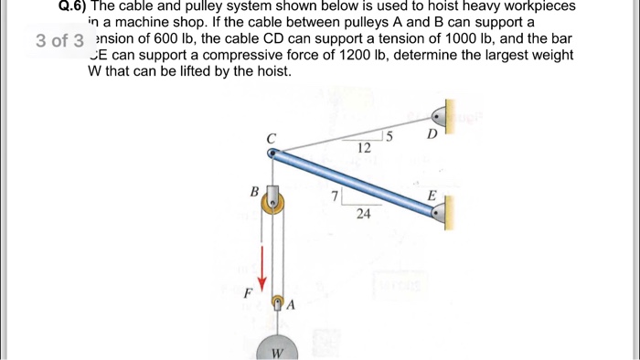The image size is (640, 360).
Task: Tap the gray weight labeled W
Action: pyautogui.click(x=275, y=348)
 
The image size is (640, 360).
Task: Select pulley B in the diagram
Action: pyautogui.click(x=272, y=202)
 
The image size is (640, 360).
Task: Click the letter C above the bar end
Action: pyautogui.click(x=271, y=137)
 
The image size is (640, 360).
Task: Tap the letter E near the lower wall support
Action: pyautogui.click(x=432, y=195)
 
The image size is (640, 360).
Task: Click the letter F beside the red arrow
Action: pyautogui.click(x=247, y=294)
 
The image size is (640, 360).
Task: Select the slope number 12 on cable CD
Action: pyautogui.click(x=364, y=147)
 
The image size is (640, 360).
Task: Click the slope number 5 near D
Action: pyautogui.click(x=389, y=138)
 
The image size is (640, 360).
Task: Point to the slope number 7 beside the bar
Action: pyautogui.click(x=336, y=196)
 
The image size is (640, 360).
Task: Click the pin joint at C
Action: pyautogui.click(x=272, y=153)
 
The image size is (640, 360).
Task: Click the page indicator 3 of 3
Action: pyautogui.click(x=59, y=40)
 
